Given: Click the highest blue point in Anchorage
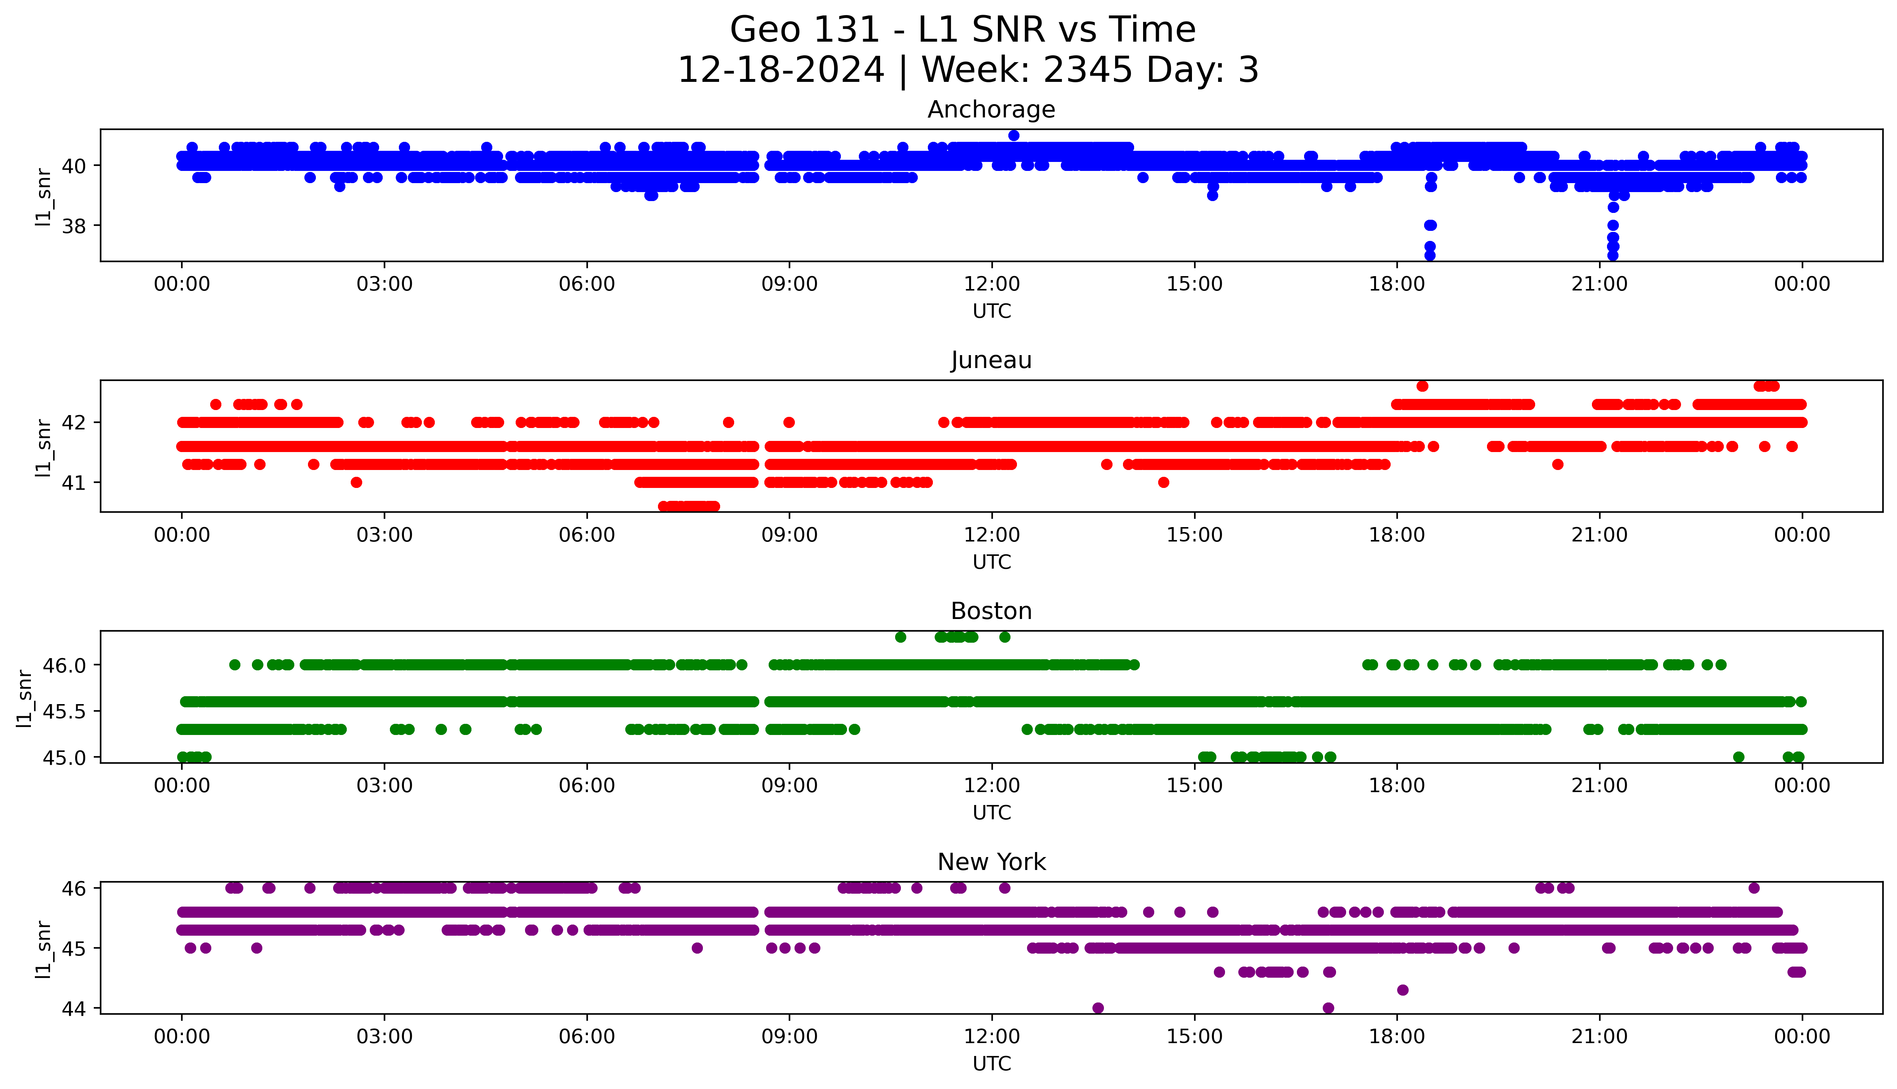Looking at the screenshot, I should (x=1014, y=135).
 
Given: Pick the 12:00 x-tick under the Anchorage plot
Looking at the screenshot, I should (x=991, y=284).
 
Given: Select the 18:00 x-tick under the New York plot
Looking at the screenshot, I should (x=1396, y=1037).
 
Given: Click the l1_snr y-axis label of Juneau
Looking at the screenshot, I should (x=43, y=447).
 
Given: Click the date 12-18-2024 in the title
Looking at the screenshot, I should (x=781, y=70).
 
